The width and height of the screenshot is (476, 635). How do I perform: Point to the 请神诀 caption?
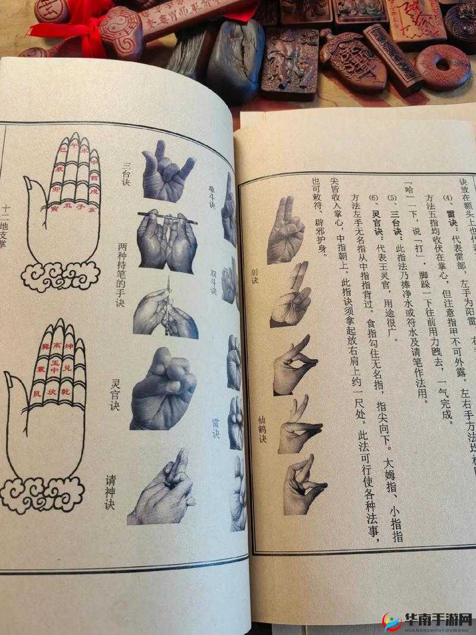[110, 492]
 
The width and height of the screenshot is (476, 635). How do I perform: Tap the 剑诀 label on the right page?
[255, 276]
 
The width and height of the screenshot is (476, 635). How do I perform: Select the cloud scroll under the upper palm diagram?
[60, 276]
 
